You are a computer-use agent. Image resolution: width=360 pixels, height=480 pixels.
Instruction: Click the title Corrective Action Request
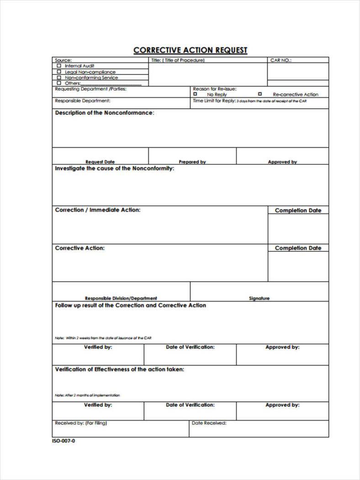click(x=190, y=50)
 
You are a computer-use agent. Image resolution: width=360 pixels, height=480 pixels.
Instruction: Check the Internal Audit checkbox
click(x=59, y=66)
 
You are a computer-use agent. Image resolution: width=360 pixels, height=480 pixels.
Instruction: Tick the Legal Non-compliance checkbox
click(x=59, y=72)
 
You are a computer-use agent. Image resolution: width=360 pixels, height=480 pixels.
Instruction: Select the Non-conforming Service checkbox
click(x=59, y=78)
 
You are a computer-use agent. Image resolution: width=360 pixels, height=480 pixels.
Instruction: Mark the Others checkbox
click(x=59, y=83)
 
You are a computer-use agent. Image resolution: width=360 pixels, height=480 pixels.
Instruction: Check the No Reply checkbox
click(x=196, y=94)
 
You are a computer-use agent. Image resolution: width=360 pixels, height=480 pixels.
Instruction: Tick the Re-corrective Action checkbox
click(x=260, y=94)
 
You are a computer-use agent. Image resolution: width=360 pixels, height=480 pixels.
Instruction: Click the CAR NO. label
click(x=281, y=60)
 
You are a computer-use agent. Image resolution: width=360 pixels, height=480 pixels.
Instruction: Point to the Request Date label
click(x=100, y=162)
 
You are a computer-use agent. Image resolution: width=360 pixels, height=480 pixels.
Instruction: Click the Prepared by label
click(x=192, y=162)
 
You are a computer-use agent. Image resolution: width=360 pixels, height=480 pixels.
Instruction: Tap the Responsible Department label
click(x=83, y=100)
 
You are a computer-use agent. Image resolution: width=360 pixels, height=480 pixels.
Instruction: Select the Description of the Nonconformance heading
click(x=105, y=113)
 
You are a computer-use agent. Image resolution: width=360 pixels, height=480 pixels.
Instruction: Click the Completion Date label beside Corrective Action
click(x=298, y=248)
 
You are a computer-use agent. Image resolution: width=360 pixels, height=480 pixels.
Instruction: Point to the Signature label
click(x=259, y=298)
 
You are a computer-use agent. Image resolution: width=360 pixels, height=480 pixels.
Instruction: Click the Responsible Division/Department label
click(x=121, y=298)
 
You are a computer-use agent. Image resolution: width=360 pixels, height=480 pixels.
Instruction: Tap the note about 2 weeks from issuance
click(x=103, y=338)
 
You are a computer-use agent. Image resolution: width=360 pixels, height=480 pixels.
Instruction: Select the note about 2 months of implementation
click(x=87, y=395)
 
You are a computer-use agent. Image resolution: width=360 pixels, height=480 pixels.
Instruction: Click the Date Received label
click(x=209, y=423)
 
